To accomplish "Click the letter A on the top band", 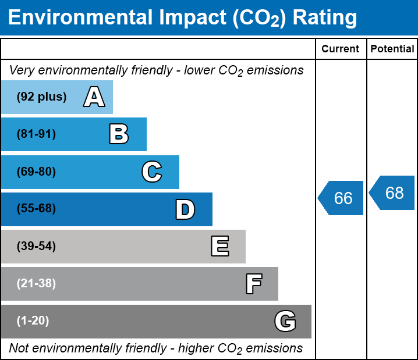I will click(x=94, y=97).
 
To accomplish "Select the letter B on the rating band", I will click(x=119, y=134).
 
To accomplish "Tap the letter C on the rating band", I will click(x=151, y=172).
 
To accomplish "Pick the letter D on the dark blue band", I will click(x=185, y=209).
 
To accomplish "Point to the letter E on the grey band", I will click(x=219, y=247).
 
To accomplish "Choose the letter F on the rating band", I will click(x=253, y=284).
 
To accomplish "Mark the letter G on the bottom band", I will click(x=285, y=321).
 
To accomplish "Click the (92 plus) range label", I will click(x=41, y=97).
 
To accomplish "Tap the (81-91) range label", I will click(x=36, y=134).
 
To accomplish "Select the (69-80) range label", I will click(x=36, y=172).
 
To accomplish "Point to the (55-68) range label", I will click(x=36, y=209).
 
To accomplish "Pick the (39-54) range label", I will click(x=36, y=247).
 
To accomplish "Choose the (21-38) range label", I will click(x=36, y=284).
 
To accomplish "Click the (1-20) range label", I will click(x=33, y=321).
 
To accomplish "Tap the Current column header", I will click(x=341, y=49).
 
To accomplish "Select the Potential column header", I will click(x=392, y=49).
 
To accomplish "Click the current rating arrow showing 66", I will click(x=342, y=198).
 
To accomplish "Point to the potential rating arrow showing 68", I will click(x=393, y=193).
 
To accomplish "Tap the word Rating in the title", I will click(x=324, y=17).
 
